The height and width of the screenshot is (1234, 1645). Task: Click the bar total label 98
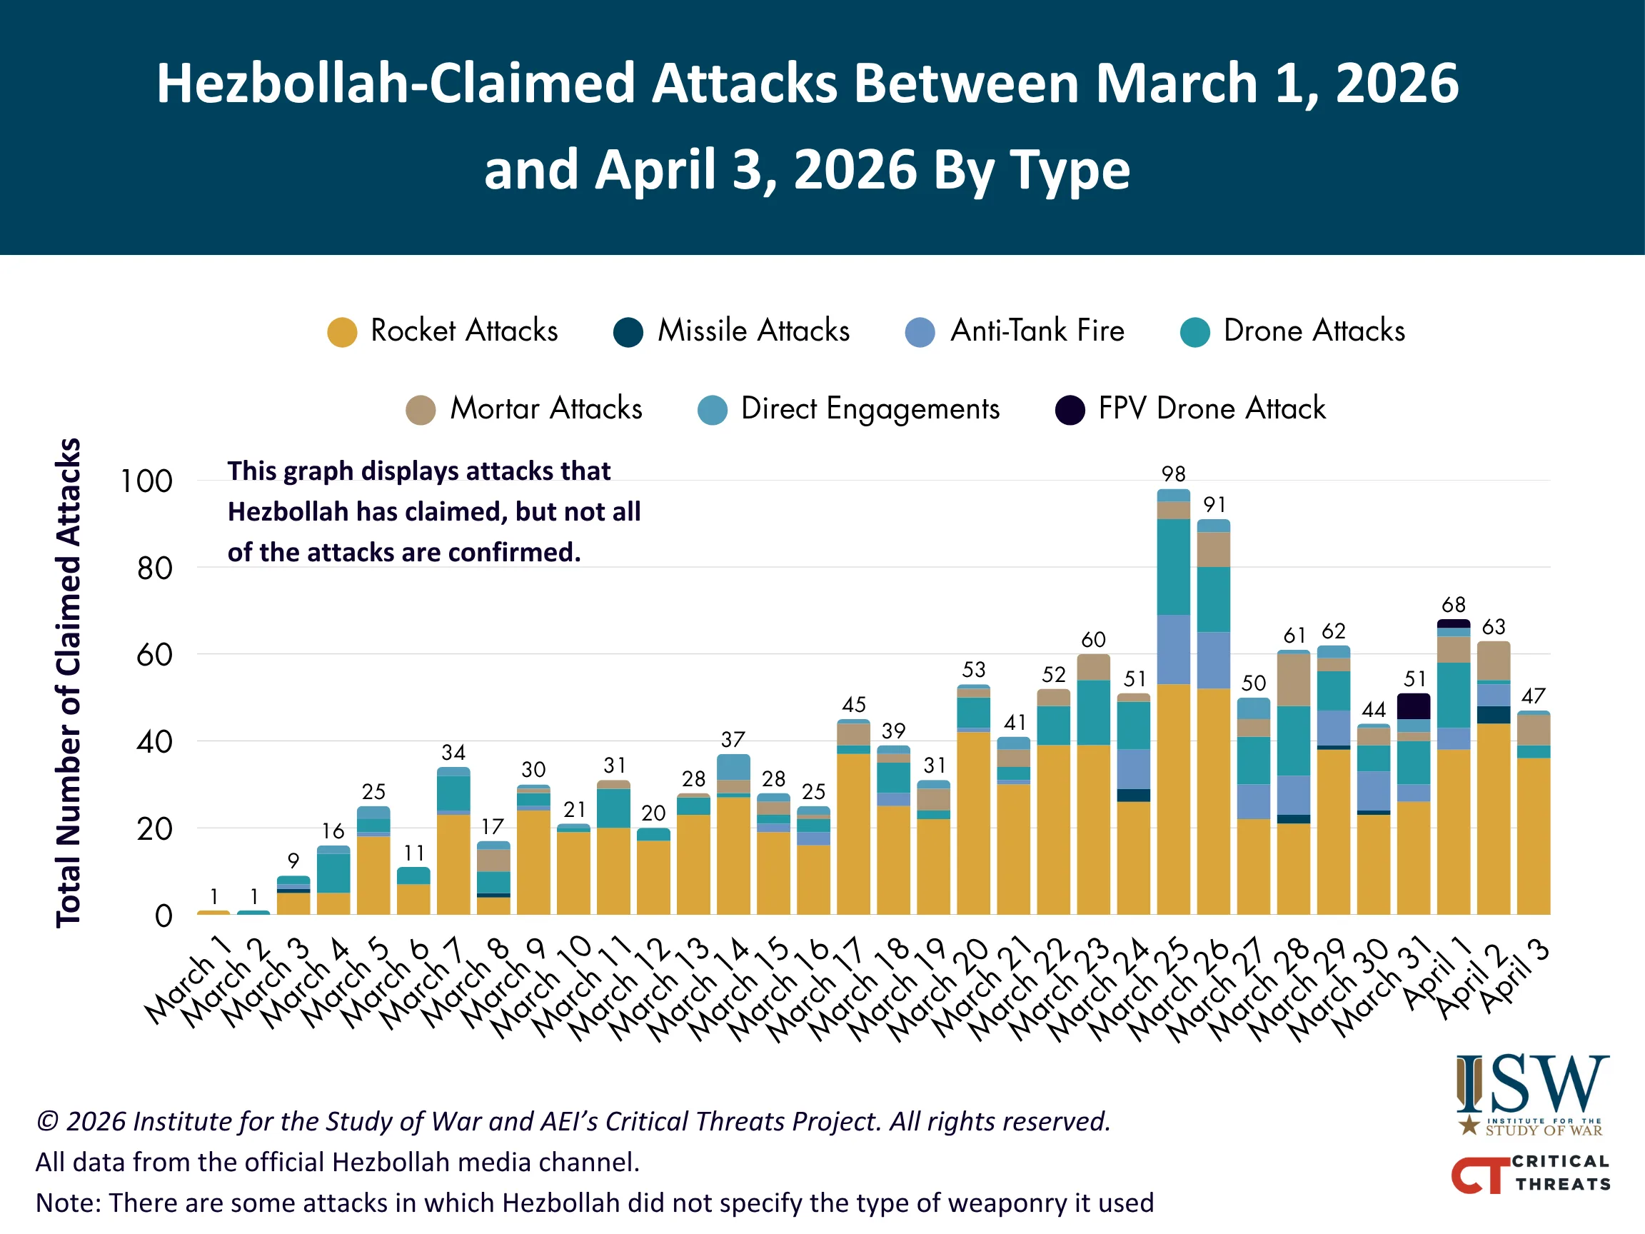point(1173,473)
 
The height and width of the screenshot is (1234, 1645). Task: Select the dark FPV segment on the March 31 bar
point(1413,706)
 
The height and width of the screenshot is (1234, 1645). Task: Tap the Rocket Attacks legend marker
point(342,332)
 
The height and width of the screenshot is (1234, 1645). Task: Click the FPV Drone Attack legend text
point(1212,408)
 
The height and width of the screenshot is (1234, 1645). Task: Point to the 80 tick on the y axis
point(155,569)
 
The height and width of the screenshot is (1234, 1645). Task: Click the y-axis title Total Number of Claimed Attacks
point(69,682)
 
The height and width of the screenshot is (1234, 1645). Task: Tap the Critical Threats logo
point(1531,1174)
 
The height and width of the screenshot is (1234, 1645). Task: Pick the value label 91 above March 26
point(1214,505)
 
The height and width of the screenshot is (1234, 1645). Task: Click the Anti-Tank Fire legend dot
point(920,332)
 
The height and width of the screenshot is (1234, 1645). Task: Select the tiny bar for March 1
point(213,912)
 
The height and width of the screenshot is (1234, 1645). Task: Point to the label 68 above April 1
point(1453,605)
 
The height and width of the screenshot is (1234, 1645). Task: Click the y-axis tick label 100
point(146,482)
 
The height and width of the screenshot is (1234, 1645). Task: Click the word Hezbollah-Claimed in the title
point(395,84)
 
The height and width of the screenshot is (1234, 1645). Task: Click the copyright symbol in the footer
point(47,1121)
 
